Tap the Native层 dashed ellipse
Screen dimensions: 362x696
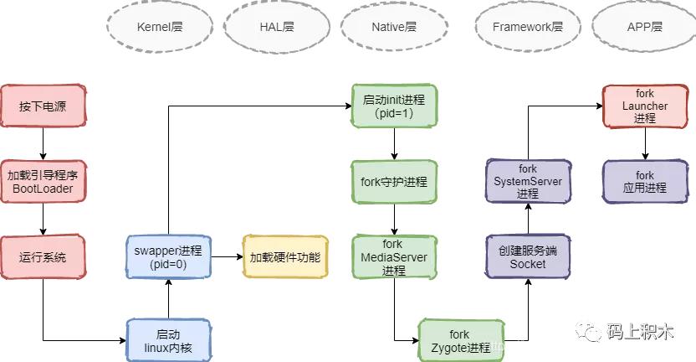coord(393,27)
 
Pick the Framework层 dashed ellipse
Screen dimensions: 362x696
coord(527,27)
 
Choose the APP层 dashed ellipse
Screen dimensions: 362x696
coord(644,27)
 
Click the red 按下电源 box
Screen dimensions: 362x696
coord(43,106)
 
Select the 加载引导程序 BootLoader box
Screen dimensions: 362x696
coord(43,182)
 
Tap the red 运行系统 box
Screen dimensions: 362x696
coord(43,257)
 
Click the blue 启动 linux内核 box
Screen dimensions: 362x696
coord(168,339)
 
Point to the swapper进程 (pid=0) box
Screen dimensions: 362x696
coord(168,257)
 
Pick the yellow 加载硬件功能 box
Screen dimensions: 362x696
coord(284,257)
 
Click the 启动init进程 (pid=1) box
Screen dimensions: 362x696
coord(394,106)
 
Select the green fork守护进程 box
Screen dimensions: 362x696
coord(394,182)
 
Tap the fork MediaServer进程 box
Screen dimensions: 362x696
coord(394,257)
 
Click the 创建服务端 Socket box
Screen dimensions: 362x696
coord(527,257)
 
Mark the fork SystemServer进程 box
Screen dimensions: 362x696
coord(527,181)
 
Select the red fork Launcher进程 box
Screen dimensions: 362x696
coord(645,106)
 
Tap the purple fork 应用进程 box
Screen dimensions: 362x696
coord(645,182)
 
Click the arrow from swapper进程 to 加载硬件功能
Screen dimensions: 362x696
coord(226,257)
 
